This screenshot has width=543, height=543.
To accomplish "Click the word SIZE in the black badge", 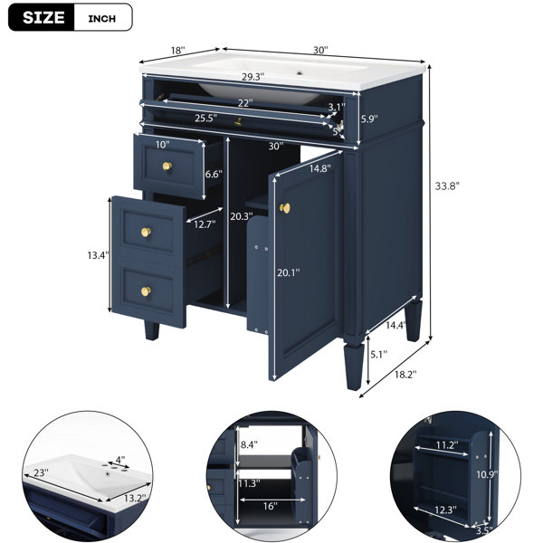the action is [43, 17].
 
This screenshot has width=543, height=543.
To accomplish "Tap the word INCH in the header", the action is [101, 18].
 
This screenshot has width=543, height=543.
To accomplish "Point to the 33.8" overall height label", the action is [447, 186].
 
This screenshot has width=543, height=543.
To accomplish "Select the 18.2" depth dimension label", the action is [405, 374].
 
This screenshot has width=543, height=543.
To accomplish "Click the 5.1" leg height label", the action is [379, 354].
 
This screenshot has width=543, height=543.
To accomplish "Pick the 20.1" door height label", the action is [288, 273].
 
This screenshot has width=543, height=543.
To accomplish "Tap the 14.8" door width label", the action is [320, 168].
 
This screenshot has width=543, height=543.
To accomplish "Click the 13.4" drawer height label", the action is [99, 255].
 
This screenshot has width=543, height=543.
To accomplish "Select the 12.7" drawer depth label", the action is [205, 224].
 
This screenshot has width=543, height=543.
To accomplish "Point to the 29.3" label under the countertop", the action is [253, 77].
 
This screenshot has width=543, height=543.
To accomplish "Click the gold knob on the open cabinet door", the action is [285, 208].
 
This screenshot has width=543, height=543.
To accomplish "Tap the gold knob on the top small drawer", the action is [167, 167].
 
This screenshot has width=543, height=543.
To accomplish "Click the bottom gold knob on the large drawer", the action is [146, 291].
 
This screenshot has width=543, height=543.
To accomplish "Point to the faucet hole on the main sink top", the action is [300, 73].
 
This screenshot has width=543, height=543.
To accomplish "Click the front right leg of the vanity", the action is [355, 367].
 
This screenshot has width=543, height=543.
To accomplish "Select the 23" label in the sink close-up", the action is [42, 472].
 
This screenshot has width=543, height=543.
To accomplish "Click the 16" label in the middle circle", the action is [270, 506].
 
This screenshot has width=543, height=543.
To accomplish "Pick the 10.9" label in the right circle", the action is [487, 473].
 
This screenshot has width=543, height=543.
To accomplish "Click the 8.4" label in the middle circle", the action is [249, 444].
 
